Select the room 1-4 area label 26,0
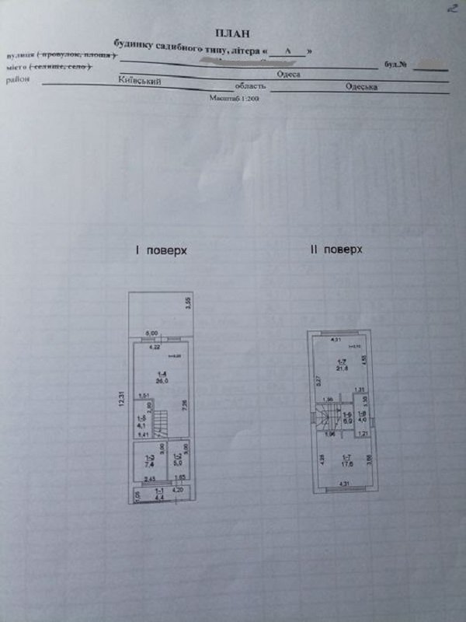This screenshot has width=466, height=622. click(x=158, y=379)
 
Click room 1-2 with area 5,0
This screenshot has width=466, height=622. click(x=176, y=459)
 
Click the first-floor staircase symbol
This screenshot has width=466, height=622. click(x=161, y=425)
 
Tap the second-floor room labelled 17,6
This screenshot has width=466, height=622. click(x=342, y=463)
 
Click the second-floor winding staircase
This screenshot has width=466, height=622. click(x=322, y=419)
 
